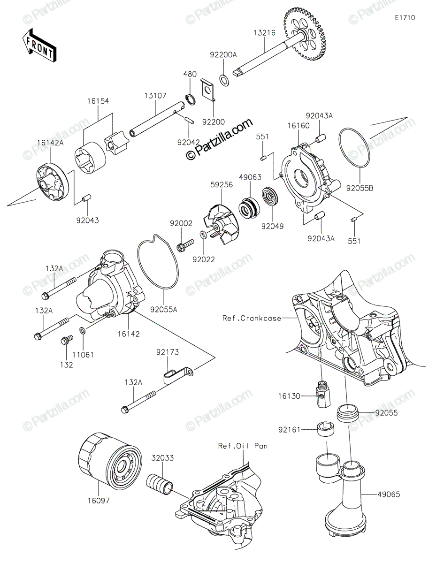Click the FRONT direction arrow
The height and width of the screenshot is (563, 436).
pos(38,46)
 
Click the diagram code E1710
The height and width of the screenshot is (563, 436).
pos(405,18)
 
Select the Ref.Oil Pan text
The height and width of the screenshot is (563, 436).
pos(242,446)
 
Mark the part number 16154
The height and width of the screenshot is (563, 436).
pos(98,101)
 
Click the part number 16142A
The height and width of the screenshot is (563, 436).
pos(50,143)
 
